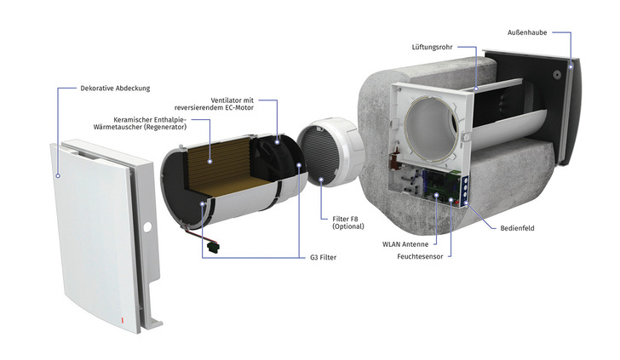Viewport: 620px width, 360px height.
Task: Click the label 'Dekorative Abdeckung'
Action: point(115,88)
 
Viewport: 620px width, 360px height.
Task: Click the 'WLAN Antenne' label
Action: point(403,243)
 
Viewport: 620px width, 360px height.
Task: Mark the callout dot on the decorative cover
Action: point(58,174)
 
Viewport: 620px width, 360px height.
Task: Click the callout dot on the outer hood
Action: point(570,66)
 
